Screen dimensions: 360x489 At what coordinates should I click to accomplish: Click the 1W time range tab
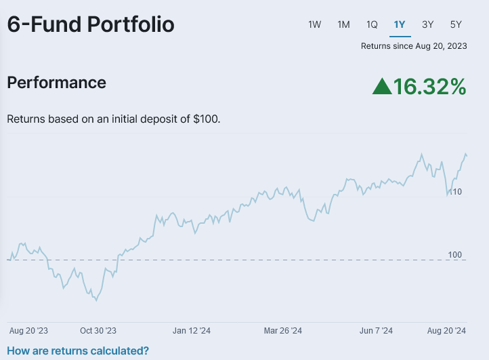pos(315,24)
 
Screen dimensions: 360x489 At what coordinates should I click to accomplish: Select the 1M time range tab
pos(343,24)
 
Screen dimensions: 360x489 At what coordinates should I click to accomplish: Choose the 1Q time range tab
pos(372,24)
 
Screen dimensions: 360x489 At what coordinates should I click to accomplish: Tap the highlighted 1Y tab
pos(400,24)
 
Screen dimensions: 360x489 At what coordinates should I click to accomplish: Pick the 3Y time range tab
pos(427,24)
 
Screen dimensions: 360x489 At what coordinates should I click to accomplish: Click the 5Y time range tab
pos(456,24)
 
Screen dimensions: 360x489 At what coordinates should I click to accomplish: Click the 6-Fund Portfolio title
pos(91,24)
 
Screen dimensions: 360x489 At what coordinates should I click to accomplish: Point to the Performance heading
pos(56,83)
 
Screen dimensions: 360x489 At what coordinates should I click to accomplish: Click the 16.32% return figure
pos(430,86)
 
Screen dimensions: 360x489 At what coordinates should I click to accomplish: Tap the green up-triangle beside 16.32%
pos(382,86)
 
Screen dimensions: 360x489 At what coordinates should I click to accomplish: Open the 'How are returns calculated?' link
pos(78,351)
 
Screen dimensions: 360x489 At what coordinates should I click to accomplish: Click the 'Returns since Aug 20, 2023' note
pos(413,46)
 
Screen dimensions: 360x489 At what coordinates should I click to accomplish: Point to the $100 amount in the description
pos(206,119)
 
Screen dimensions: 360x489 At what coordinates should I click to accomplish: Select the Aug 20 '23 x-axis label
pos(28,331)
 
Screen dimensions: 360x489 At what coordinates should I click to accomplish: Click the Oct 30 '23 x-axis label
pos(98,331)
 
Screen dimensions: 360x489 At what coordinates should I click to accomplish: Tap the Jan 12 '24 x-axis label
pos(191,331)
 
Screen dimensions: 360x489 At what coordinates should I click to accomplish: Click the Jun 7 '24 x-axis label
pos(376,331)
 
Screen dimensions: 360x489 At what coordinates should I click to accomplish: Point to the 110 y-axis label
pos(455,192)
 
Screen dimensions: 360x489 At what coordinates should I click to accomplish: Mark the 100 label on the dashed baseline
pos(455,255)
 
